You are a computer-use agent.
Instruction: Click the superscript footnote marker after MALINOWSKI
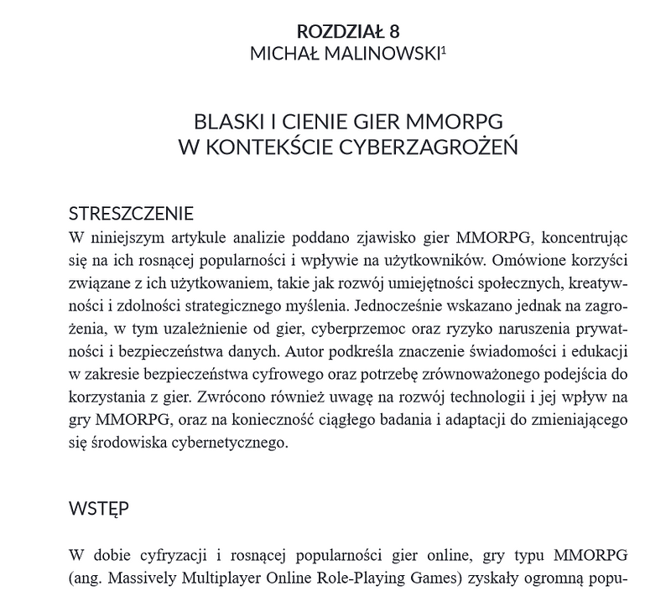pyautogui.click(x=444, y=49)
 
